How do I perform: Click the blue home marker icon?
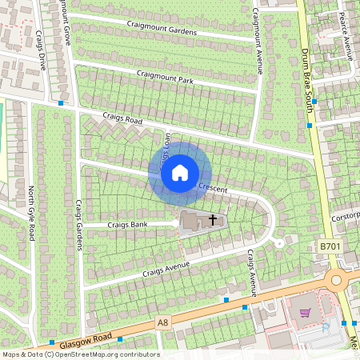tap(180, 172)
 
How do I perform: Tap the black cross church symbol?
tap(213, 218)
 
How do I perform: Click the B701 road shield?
tap(330, 248)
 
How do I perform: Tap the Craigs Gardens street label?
tap(79, 225)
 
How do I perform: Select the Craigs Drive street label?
tap(39, 52)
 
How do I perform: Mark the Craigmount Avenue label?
tap(258, 40)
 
